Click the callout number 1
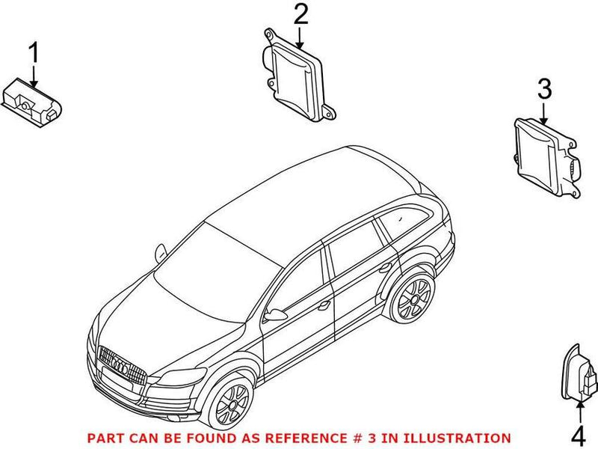click(33, 54)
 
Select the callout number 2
click(300, 15)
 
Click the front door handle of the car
click(323, 305)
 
